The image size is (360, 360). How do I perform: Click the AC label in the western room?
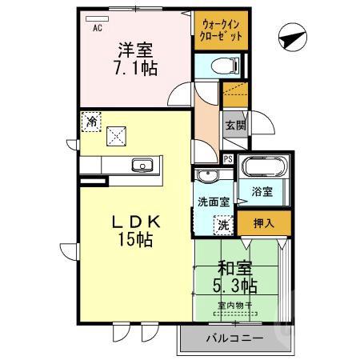pyautogui.click(x=98, y=29)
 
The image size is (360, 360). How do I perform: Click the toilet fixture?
pyautogui.click(x=223, y=66)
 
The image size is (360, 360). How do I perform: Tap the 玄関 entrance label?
pyautogui.click(x=234, y=124)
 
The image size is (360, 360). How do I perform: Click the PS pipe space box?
pyautogui.click(x=229, y=158)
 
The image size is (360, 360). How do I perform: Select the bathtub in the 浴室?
pyautogui.click(x=263, y=170)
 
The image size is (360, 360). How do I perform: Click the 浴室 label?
pyautogui.click(x=262, y=192)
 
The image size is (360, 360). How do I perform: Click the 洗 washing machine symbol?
pyautogui.click(x=225, y=226)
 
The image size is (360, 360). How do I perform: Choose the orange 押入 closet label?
pyautogui.click(x=263, y=222)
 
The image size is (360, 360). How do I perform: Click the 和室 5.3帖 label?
pyautogui.click(x=234, y=277)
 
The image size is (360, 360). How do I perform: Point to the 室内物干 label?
pyautogui.click(x=234, y=305)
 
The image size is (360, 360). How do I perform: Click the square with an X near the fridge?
pyautogui.click(x=117, y=137)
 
